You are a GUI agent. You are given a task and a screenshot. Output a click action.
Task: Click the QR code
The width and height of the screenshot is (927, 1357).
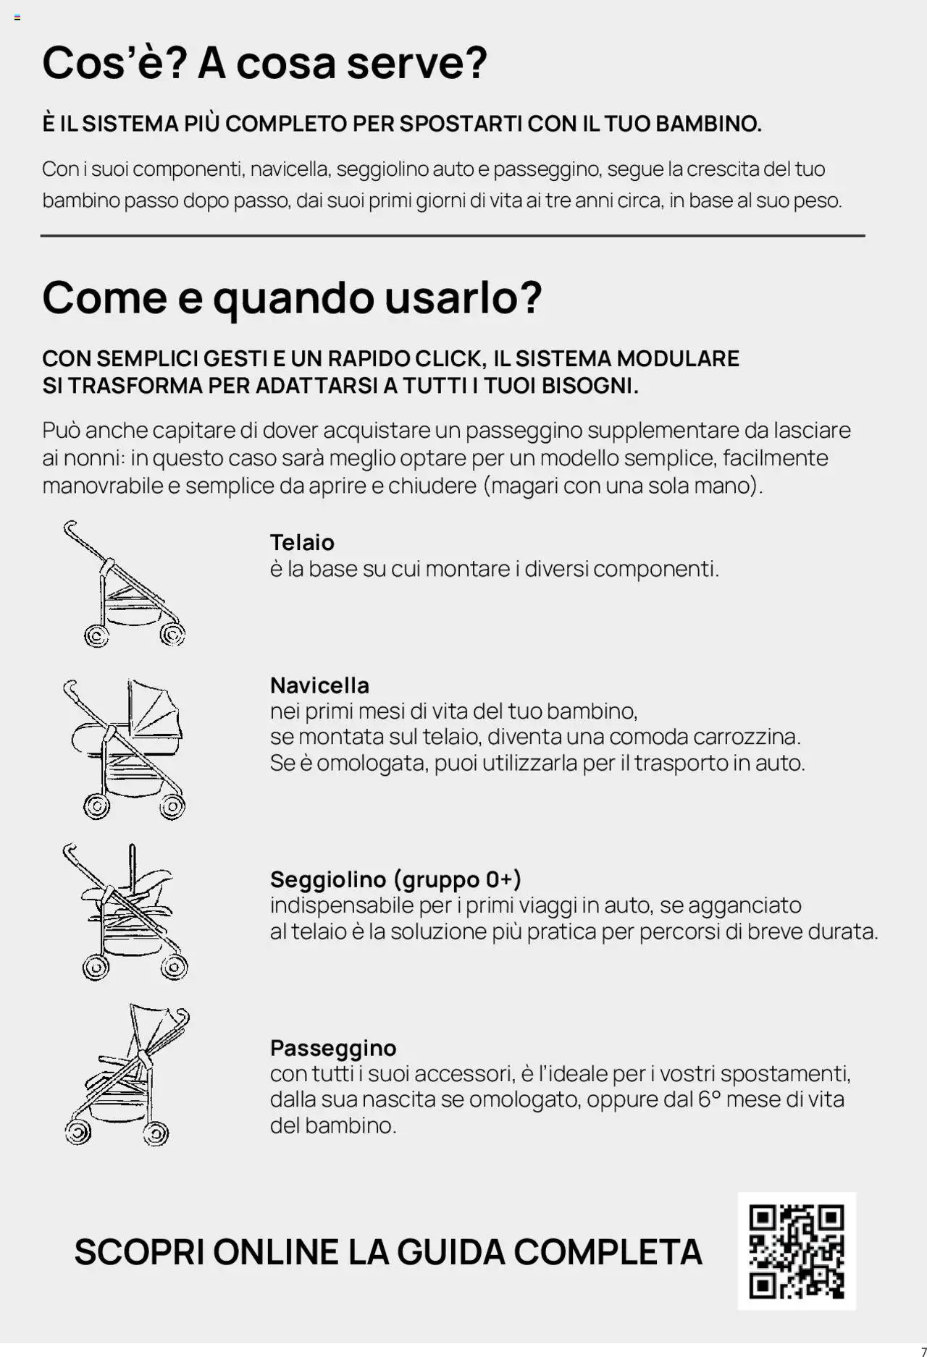[797, 1251]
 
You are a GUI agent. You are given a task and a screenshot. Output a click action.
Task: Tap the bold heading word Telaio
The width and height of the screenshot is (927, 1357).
[302, 542]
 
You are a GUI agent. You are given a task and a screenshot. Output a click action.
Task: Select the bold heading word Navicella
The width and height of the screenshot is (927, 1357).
[319, 685]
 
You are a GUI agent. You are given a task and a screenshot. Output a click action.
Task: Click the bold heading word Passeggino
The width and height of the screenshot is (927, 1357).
[333, 1047]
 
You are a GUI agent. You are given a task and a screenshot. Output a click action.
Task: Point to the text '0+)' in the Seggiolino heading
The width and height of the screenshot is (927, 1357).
[503, 879]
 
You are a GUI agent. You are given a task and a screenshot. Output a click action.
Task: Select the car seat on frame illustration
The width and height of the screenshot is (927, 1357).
[125, 912]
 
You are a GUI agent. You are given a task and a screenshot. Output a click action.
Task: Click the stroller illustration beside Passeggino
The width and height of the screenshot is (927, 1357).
[127, 1075]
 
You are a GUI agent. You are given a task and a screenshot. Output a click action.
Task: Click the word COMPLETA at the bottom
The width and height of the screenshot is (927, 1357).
[608, 1252]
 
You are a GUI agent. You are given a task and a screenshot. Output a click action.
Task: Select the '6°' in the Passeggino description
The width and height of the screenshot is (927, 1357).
[709, 1099]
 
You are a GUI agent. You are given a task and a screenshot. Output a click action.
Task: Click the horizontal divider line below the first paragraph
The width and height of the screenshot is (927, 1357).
[453, 236]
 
